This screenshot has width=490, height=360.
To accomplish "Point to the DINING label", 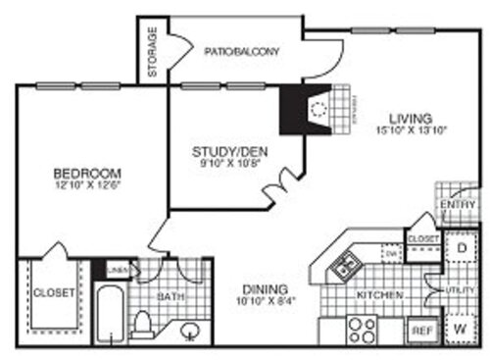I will pos(264,290).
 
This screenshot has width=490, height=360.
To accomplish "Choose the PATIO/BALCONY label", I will pos(242,50).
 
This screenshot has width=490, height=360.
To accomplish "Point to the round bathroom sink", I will pos(191,332).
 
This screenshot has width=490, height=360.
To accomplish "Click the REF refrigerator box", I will pos(421,332).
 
